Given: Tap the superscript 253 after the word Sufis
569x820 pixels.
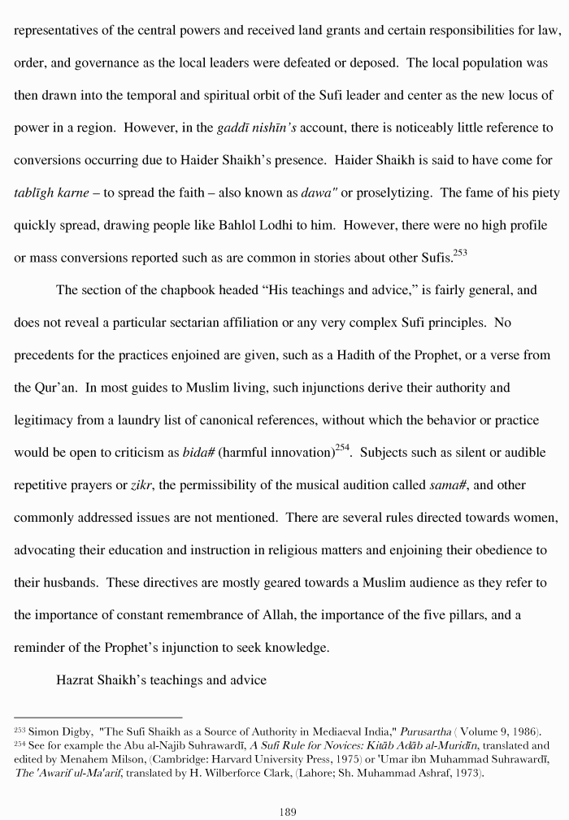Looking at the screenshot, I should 459,252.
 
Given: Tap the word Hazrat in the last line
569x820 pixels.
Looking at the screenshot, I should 76,680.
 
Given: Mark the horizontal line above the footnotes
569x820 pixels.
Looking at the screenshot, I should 98,717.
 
